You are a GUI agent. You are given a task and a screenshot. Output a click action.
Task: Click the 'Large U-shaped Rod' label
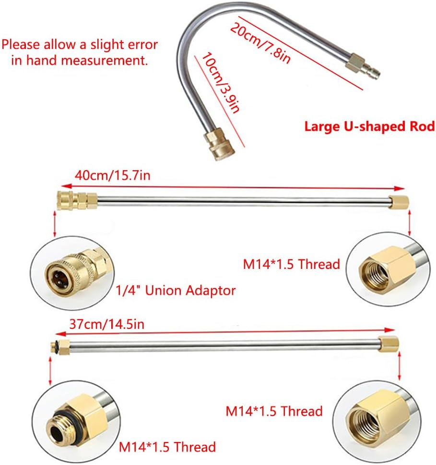369,127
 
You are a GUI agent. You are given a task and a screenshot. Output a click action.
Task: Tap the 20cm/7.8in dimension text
260,43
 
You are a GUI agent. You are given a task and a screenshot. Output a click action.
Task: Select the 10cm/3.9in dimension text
221,83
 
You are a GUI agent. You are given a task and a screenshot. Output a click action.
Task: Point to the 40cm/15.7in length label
113,175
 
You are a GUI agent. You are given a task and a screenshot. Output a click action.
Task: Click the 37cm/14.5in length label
107,324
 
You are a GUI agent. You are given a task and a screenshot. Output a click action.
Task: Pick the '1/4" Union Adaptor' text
176,291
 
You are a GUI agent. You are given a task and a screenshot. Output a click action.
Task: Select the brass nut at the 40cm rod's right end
399,203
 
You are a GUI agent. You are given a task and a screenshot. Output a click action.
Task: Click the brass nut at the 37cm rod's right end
389,344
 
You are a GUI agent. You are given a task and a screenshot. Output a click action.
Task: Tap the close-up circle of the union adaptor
72,273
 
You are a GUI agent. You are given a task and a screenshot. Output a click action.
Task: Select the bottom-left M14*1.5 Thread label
167,447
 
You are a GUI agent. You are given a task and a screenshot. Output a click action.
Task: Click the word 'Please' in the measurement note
21,45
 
